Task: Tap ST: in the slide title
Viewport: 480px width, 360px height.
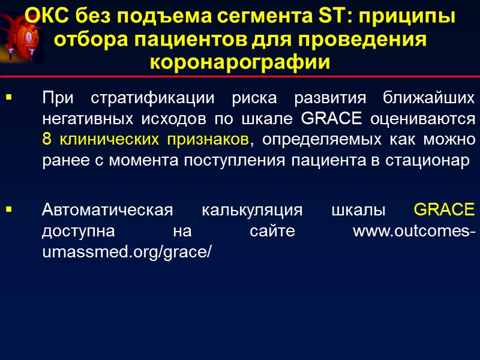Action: tap(332, 17)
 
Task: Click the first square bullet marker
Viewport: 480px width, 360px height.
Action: tap(8, 97)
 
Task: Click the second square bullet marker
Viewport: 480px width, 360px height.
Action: tap(8, 211)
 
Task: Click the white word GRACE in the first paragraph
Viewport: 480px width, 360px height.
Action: tap(330, 118)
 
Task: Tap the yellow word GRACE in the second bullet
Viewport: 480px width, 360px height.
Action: tap(444, 211)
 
